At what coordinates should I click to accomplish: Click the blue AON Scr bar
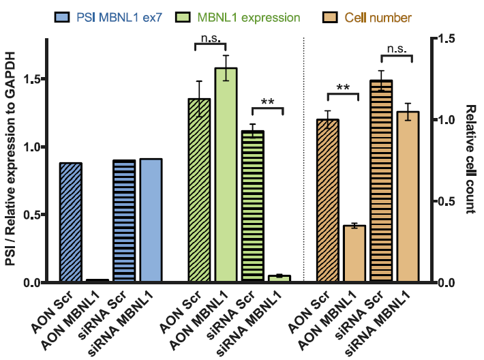point(71,222)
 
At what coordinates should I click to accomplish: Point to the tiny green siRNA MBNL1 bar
point(279,278)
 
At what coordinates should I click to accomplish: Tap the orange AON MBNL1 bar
point(354,254)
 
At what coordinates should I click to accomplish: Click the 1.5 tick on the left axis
point(31,79)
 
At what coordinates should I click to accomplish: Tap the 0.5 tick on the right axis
point(446,201)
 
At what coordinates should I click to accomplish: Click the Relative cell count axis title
point(470,160)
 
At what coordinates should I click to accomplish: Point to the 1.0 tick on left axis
point(31,147)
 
